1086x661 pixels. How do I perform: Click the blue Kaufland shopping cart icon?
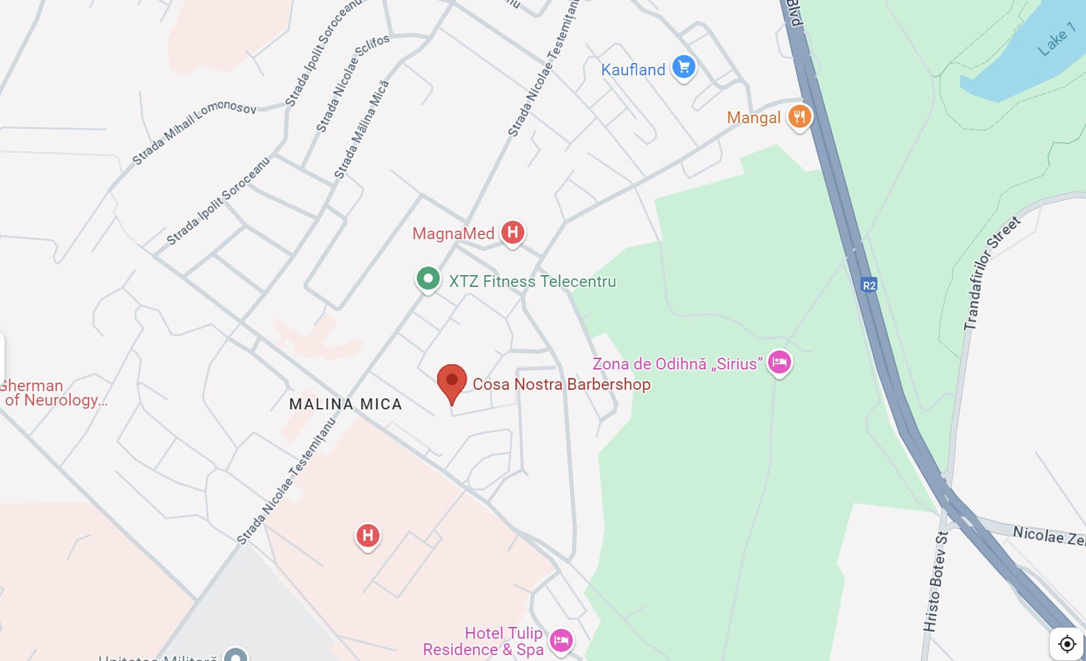(684, 67)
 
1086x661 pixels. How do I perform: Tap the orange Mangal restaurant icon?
(799, 117)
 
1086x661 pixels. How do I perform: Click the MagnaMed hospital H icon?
(513, 232)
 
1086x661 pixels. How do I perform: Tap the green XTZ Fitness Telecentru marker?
(428, 279)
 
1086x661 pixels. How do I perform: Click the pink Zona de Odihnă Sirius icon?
(779, 362)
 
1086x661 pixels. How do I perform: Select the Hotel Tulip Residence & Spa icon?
(561, 640)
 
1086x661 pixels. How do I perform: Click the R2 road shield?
(868, 285)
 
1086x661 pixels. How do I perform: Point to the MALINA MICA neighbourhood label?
(345, 404)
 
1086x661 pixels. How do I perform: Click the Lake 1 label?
(1056, 39)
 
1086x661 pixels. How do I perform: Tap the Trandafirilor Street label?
(992, 273)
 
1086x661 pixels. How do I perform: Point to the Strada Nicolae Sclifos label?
(353, 83)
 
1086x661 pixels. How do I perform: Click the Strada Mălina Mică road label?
(362, 130)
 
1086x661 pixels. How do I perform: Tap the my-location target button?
(1066, 643)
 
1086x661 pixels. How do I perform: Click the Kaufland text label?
(633, 69)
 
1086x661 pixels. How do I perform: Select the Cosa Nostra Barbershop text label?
(562, 384)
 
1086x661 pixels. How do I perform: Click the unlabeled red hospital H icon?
(368, 535)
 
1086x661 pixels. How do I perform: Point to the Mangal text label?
(754, 118)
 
